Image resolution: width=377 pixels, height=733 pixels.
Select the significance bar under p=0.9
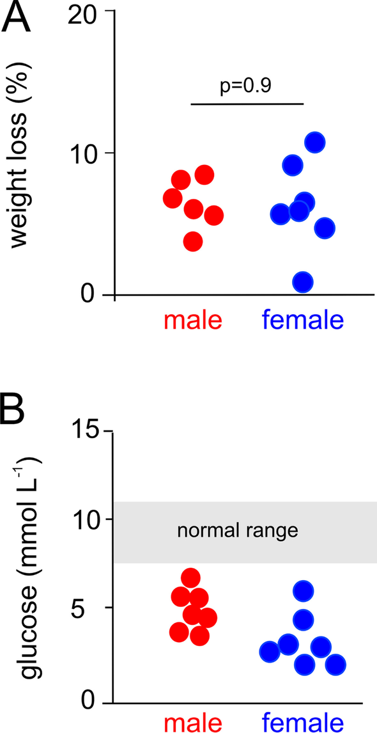pyautogui.click(x=247, y=103)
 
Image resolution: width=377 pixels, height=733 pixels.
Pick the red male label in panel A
pyautogui.click(x=192, y=320)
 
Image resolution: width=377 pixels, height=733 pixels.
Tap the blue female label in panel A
pyautogui.click(x=302, y=320)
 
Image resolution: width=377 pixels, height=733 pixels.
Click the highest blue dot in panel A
pyautogui.click(x=315, y=143)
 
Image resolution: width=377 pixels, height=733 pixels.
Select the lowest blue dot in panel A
pyautogui.click(x=302, y=281)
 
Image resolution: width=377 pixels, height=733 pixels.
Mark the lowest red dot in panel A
pyautogui.click(x=193, y=242)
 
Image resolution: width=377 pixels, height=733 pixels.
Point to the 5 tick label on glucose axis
pyautogui.click(x=92, y=608)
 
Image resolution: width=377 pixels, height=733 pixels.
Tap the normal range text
pyautogui.click(x=238, y=530)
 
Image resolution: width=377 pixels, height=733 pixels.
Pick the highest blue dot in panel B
pyautogui.click(x=304, y=592)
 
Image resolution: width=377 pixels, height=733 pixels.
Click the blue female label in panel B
pyautogui.click(x=302, y=721)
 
